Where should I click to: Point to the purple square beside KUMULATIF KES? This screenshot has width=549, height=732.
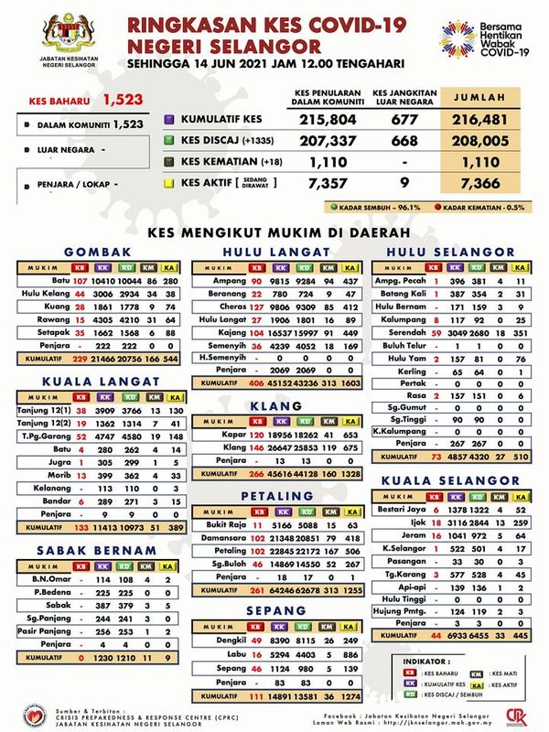tap(168, 120)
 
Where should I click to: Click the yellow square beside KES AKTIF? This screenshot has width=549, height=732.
tap(168, 182)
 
